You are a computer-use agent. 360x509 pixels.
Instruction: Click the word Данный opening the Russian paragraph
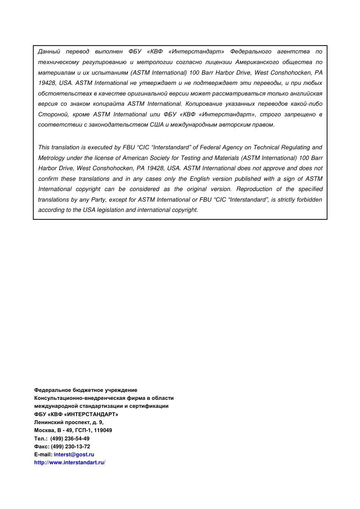(49, 52)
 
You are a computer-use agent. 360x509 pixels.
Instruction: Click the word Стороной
(53, 114)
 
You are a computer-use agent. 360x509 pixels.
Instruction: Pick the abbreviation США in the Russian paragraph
(157, 125)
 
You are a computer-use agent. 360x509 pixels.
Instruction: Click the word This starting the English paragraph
(44, 147)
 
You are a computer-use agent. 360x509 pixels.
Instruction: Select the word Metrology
(52, 158)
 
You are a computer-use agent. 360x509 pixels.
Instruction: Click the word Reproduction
(254, 189)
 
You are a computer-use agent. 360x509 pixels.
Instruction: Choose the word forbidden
(310, 200)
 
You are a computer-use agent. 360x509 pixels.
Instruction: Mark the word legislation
(110, 210)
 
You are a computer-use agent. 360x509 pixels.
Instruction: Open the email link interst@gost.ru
(74, 454)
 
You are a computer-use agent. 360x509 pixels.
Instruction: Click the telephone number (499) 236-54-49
(70, 439)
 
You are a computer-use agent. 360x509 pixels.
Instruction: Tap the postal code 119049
(103, 430)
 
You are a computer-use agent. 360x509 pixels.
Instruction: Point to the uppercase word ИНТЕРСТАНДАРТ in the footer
(91, 414)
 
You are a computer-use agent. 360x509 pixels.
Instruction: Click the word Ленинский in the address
(47, 422)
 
